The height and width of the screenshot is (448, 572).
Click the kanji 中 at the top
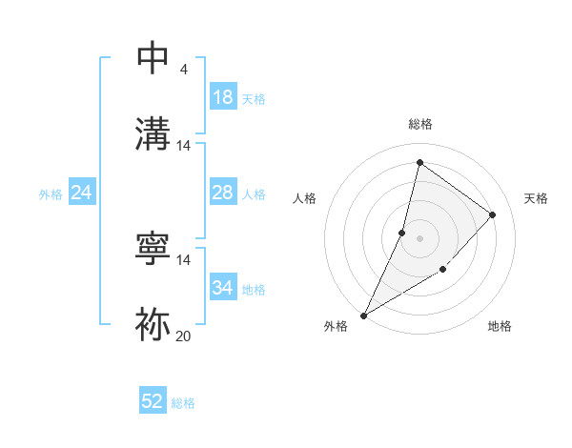pos(153,58)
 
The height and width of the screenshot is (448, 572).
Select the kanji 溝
pos(153,132)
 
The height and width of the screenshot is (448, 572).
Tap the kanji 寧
pos(153,249)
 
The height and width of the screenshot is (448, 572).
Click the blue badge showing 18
pos(223,97)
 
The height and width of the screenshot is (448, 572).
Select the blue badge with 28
pos(223,193)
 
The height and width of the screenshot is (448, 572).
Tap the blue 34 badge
pos(223,288)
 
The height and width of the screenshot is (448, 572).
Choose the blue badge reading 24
pos(82,193)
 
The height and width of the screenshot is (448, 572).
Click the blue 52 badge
pos(153,401)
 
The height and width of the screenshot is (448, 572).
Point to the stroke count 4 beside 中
pos(183,70)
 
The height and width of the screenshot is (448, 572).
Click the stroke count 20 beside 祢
pos(183,336)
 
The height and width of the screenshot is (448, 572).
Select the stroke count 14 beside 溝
pos(183,146)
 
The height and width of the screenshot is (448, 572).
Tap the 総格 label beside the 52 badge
pos(183,403)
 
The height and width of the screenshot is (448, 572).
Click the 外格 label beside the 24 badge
pos(51,194)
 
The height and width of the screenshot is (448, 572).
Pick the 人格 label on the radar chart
pos(304,198)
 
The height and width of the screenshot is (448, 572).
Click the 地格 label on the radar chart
pos(500,326)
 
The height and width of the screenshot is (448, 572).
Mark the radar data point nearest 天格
pos(493,214)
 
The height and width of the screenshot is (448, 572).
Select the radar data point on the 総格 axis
pos(419,163)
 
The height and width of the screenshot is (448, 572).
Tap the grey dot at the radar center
pos(419,237)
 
